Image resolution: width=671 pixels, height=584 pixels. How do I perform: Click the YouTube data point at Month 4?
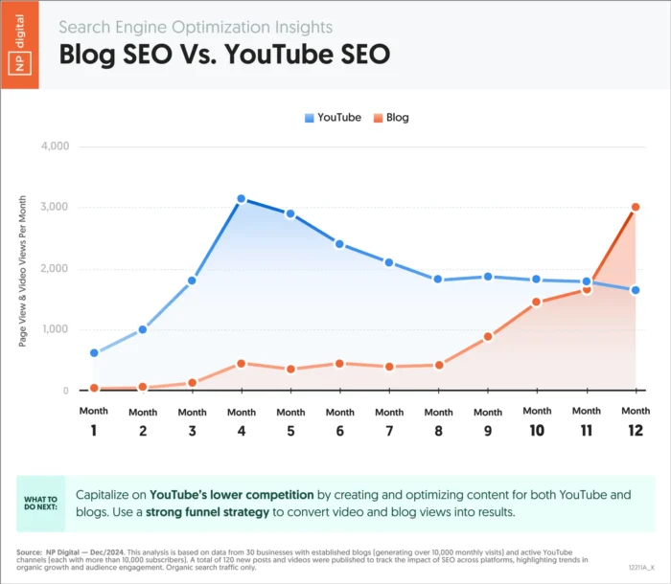[x=242, y=199]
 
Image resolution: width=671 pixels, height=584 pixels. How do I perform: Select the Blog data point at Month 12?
[x=636, y=207]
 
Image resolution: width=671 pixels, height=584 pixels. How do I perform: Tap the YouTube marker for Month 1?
[x=94, y=352]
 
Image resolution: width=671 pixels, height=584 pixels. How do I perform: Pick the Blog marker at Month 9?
[x=488, y=337]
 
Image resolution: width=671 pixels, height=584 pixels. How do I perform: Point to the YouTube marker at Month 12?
[x=636, y=290]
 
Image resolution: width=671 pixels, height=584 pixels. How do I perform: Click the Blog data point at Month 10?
[x=537, y=303]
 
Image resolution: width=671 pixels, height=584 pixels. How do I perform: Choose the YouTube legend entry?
[x=333, y=117]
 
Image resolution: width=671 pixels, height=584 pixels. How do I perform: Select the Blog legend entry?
[x=391, y=117]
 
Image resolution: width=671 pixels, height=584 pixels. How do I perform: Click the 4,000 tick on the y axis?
[x=57, y=146]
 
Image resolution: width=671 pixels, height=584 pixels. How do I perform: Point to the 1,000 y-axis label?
[x=57, y=329]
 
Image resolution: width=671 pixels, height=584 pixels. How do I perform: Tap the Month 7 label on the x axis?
[x=389, y=421]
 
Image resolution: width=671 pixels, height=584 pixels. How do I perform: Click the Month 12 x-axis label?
[x=636, y=421]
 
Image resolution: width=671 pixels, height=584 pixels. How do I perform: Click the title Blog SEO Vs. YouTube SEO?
[x=224, y=55]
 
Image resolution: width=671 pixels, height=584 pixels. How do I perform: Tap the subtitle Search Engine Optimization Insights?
[x=196, y=27]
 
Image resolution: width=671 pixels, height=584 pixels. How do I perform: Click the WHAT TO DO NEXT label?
[x=40, y=504]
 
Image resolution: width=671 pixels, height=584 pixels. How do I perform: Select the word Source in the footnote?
[x=28, y=552]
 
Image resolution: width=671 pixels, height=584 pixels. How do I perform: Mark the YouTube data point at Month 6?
[x=340, y=244]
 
